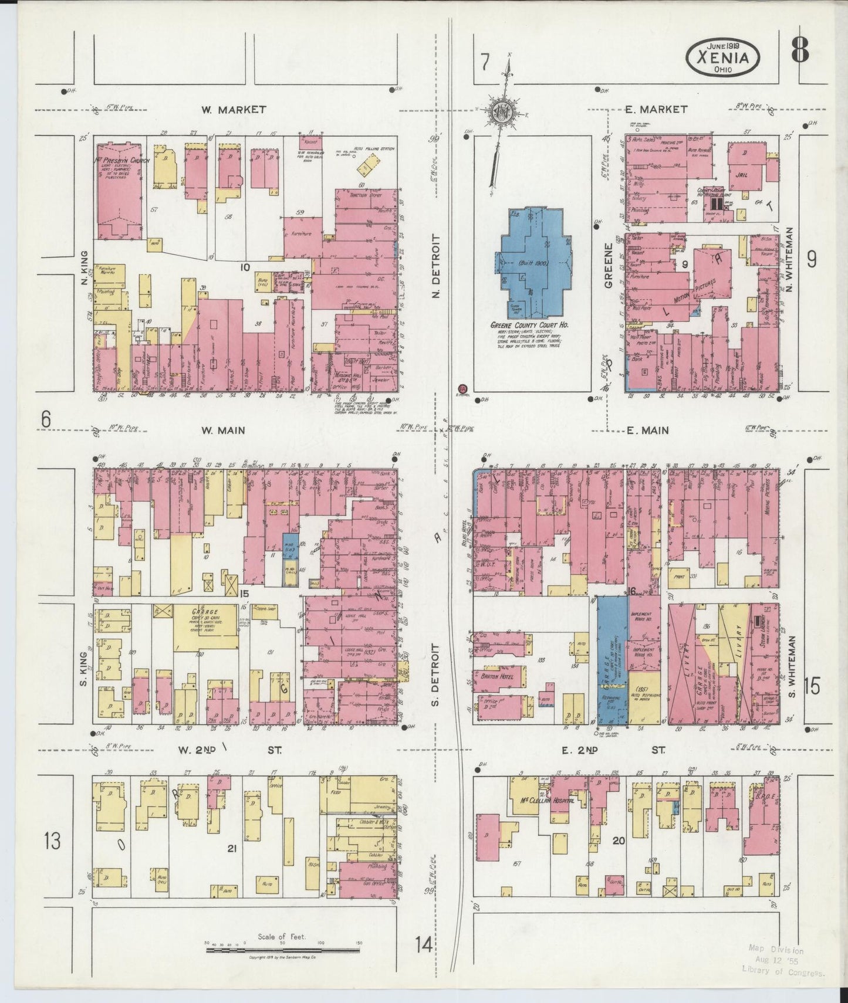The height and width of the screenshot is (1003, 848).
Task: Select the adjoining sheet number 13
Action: point(52,842)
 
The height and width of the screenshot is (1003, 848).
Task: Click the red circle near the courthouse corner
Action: point(462,388)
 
